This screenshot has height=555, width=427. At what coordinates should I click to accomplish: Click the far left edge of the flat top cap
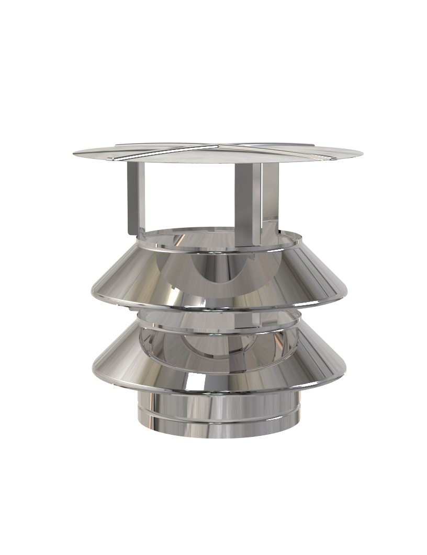pos(75,153)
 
